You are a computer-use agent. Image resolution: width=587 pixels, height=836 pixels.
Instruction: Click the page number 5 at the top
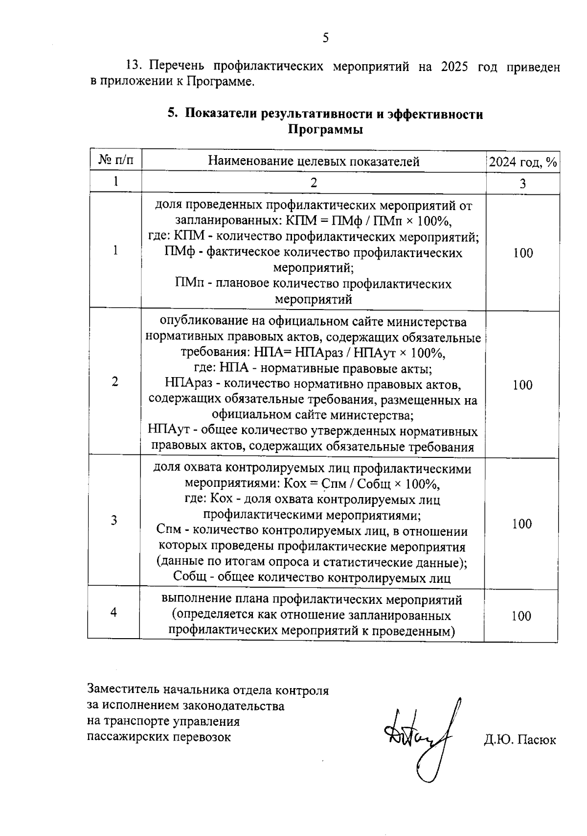(326, 38)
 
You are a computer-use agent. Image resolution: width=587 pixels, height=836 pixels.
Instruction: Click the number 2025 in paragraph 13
(455, 67)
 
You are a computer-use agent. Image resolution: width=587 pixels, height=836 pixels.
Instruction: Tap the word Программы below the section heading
(325, 130)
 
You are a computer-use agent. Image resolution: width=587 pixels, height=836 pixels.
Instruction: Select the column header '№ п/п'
(115, 161)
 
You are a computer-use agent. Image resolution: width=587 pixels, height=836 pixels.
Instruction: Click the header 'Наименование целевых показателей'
(314, 161)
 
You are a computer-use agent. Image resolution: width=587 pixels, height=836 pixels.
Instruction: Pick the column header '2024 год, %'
(523, 162)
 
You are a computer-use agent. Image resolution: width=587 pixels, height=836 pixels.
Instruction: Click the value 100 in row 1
(523, 253)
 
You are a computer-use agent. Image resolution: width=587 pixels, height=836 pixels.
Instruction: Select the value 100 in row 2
(522, 385)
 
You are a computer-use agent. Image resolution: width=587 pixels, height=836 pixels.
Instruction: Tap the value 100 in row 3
(522, 524)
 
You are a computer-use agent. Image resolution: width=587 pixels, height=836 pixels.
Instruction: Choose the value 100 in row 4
(521, 616)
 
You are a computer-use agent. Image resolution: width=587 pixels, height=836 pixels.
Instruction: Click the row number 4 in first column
(114, 612)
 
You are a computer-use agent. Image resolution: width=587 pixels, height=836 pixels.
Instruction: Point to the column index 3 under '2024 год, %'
(523, 184)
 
